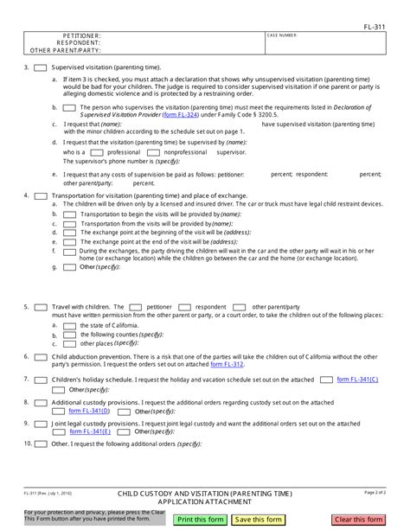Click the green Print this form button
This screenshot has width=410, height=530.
coord(200,519)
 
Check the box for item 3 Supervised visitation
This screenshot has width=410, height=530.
coord(40,67)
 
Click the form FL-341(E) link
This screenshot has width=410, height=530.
coord(90,431)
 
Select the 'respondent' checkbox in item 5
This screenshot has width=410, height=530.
coord(184,307)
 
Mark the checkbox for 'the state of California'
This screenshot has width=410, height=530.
coord(69,325)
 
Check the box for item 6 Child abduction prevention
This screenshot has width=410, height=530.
coord(40,356)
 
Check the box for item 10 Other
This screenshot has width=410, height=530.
coord(40,444)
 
